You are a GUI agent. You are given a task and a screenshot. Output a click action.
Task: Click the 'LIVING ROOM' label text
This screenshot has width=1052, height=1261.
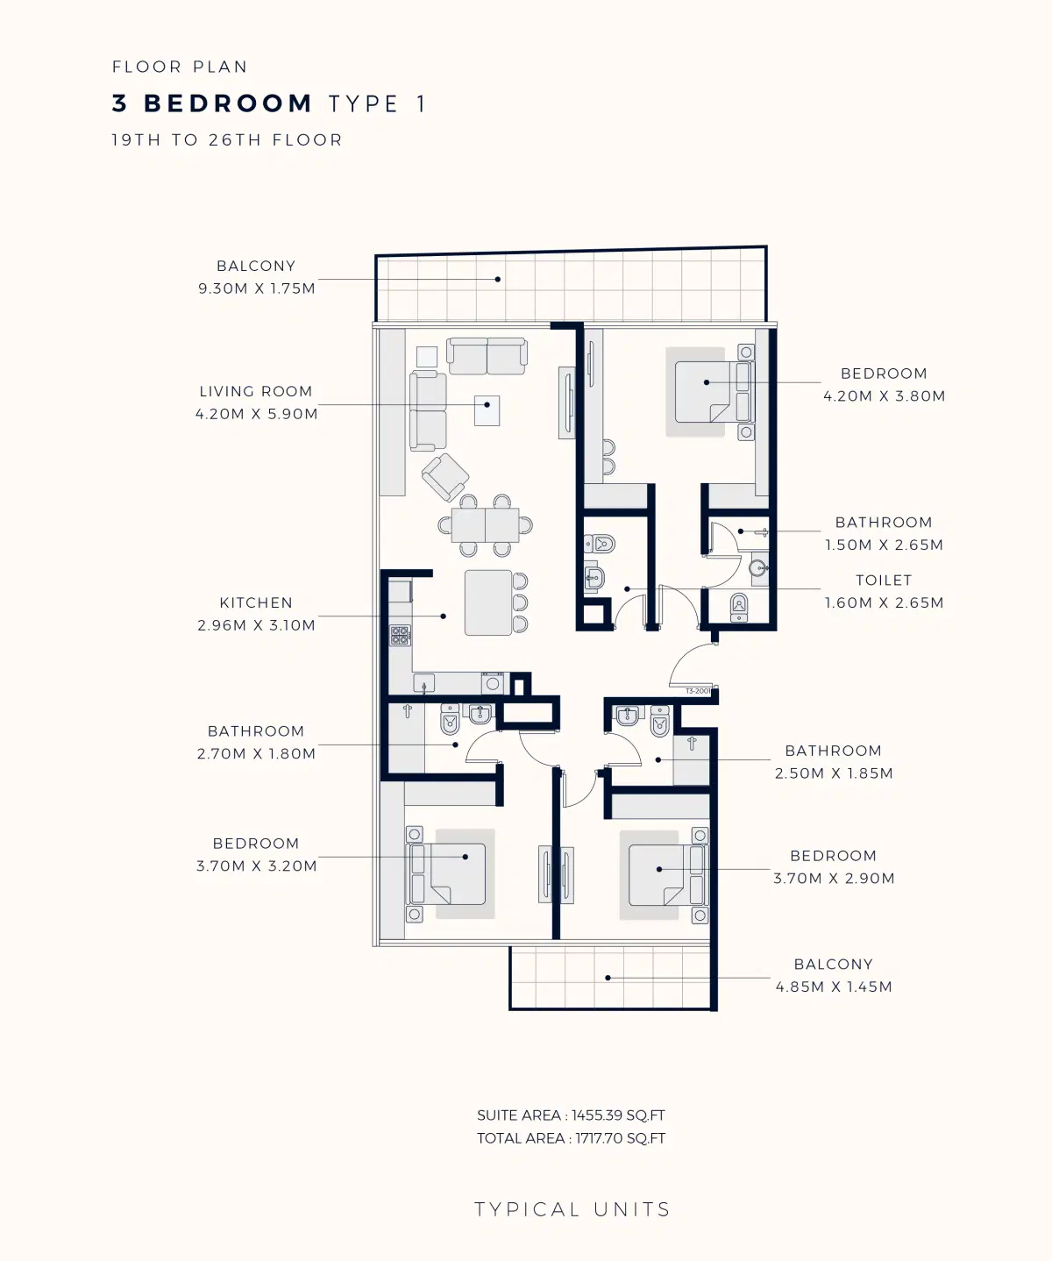tap(255, 392)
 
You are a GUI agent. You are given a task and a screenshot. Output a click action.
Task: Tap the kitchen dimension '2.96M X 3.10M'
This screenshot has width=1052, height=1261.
tap(256, 625)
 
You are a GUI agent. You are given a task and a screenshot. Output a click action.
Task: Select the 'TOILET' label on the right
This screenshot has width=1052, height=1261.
tap(884, 581)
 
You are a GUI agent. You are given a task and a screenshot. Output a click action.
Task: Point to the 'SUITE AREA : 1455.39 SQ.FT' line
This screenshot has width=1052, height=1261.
tap(571, 1115)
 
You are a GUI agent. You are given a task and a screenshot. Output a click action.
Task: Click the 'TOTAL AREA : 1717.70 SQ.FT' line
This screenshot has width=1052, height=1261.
tap(571, 1138)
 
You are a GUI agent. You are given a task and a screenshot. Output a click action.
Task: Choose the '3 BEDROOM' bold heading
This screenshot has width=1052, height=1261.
tap(212, 103)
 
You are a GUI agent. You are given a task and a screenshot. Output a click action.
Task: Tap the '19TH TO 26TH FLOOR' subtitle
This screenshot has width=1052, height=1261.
tap(227, 140)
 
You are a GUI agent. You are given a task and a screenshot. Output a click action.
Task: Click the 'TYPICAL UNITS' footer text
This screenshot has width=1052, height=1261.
tap(572, 1210)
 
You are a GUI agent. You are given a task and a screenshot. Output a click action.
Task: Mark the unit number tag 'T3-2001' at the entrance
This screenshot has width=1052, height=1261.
tap(698, 691)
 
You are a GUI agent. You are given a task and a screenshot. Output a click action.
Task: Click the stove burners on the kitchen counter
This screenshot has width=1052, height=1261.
tap(400, 636)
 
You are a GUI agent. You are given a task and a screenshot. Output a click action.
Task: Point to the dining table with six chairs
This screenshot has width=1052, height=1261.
tap(485, 525)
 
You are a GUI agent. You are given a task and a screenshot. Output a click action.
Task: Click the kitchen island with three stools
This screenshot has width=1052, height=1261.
tap(488, 602)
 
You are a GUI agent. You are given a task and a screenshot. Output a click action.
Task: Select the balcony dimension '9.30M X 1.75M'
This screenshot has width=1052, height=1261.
tap(256, 289)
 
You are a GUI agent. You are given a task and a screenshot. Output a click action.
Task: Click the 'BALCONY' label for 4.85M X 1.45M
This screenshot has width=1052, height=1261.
tap(833, 965)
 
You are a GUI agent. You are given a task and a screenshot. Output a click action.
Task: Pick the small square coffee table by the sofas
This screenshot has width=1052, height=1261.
tap(487, 410)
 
